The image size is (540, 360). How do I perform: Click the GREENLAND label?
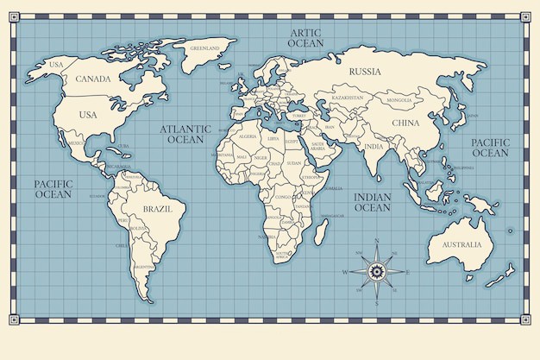(205, 48)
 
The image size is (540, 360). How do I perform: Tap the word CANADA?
(93, 79)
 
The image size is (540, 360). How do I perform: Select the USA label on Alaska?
(57, 65)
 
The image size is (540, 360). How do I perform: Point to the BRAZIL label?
(159, 209)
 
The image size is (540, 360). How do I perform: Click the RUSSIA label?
(365, 72)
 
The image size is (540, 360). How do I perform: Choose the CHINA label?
(405, 123)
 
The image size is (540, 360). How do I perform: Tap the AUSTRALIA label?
(462, 244)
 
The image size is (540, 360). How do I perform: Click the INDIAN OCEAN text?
(373, 202)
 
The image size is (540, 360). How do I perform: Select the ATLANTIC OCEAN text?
(185, 134)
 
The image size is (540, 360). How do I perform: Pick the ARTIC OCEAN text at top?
(305, 37)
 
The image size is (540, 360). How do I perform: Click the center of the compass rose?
(376, 272)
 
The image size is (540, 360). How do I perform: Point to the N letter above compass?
(377, 242)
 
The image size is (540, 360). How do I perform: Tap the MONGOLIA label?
(399, 100)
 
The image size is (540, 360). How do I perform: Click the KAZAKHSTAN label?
(348, 98)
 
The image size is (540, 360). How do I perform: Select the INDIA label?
(374, 146)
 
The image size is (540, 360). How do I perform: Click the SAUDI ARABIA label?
(317, 147)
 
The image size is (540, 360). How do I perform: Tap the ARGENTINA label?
(144, 267)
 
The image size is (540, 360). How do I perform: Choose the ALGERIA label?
(248, 136)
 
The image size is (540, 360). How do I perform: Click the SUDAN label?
(295, 162)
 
